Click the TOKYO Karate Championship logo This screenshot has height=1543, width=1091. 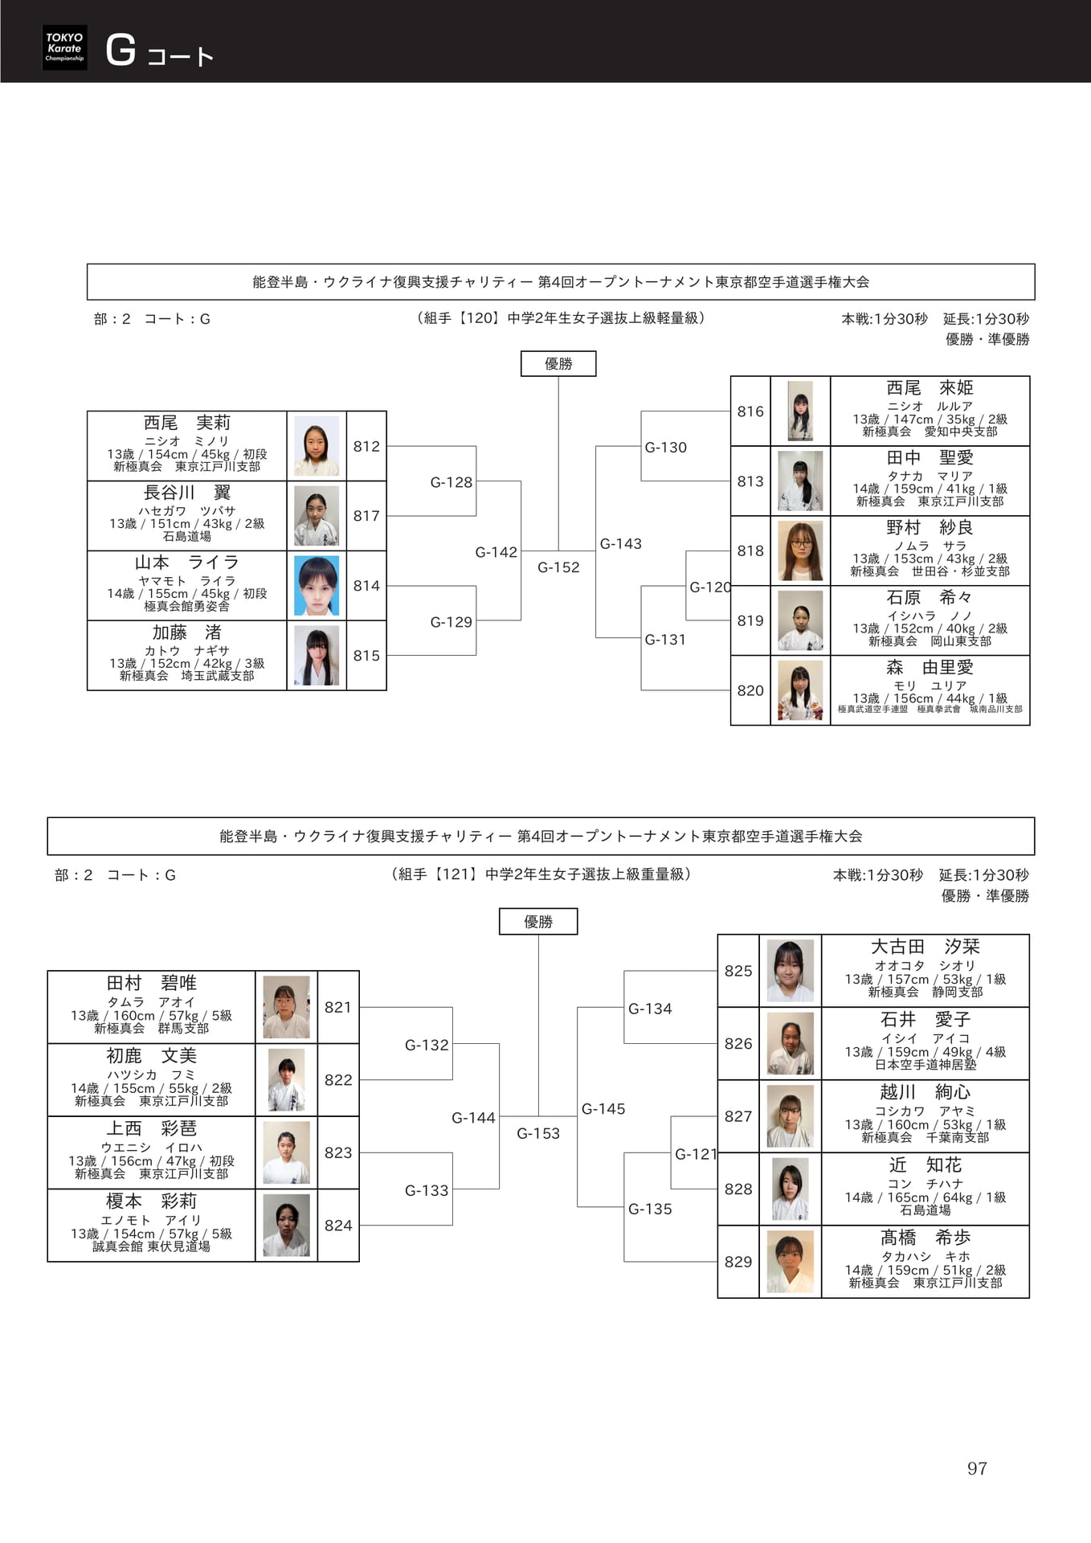click(x=64, y=47)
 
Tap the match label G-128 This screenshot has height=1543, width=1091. click(x=452, y=482)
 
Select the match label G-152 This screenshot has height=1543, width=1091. click(x=558, y=567)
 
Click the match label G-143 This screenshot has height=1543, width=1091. click(x=621, y=544)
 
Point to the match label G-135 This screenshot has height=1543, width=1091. click(x=650, y=1209)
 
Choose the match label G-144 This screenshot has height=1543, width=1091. click(x=473, y=1118)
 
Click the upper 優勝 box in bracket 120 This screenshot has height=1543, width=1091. click(x=558, y=364)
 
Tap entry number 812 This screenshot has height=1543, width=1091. click(x=366, y=446)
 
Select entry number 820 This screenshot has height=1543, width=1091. click(x=750, y=690)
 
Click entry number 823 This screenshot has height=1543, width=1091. click(x=338, y=1152)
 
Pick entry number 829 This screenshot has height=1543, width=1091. click(x=738, y=1262)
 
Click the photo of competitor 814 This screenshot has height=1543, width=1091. click(x=317, y=586)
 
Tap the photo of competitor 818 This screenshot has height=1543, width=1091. click(x=800, y=551)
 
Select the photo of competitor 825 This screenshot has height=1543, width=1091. click(x=791, y=971)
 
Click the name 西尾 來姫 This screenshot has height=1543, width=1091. click(x=930, y=388)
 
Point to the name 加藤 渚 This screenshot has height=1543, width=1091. click(x=186, y=632)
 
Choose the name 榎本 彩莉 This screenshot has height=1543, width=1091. click(x=151, y=1201)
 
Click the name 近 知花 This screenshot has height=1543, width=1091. click(x=925, y=1164)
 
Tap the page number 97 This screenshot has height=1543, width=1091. click(x=977, y=1468)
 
